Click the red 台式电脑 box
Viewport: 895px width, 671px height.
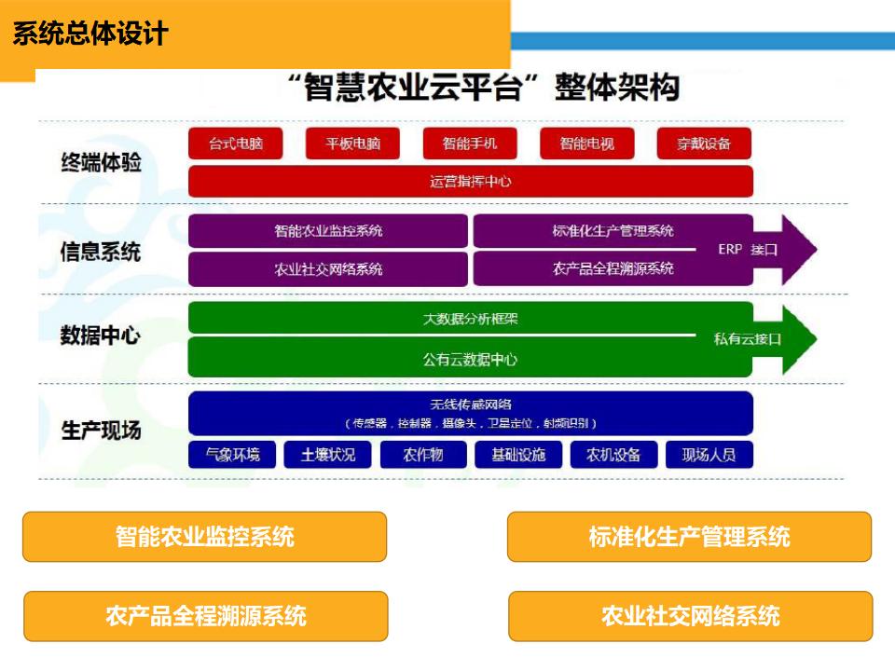pyautogui.click(x=235, y=144)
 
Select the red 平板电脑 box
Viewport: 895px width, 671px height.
pyautogui.click(x=352, y=144)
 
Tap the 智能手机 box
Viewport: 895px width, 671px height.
pyautogui.click(x=470, y=144)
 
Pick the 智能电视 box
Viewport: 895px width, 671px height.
pyautogui.click(x=586, y=144)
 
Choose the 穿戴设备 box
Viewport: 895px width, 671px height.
pyautogui.click(x=704, y=144)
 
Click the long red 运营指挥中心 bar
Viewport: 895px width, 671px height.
pyautogui.click(x=470, y=182)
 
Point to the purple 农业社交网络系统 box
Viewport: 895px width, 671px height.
pyautogui.click(x=328, y=269)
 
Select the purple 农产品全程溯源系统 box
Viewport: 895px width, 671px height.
pyautogui.click(x=613, y=268)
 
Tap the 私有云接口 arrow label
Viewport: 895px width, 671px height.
pyautogui.click(x=748, y=338)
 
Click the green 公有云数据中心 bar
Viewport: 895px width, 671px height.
pyautogui.click(x=470, y=359)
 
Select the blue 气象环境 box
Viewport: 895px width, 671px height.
pyautogui.click(x=232, y=455)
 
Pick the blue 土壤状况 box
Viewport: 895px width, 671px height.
pyautogui.click(x=327, y=455)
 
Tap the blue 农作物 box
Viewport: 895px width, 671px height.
pyautogui.click(x=422, y=455)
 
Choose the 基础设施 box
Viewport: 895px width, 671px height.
pyautogui.click(x=517, y=455)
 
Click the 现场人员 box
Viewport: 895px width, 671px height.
pyautogui.click(x=709, y=455)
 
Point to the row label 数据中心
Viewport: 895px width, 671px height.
pyautogui.click(x=100, y=335)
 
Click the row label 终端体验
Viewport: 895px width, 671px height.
pyautogui.click(x=101, y=162)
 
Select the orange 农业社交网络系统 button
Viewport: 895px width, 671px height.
pyautogui.click(x=690, y=616)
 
